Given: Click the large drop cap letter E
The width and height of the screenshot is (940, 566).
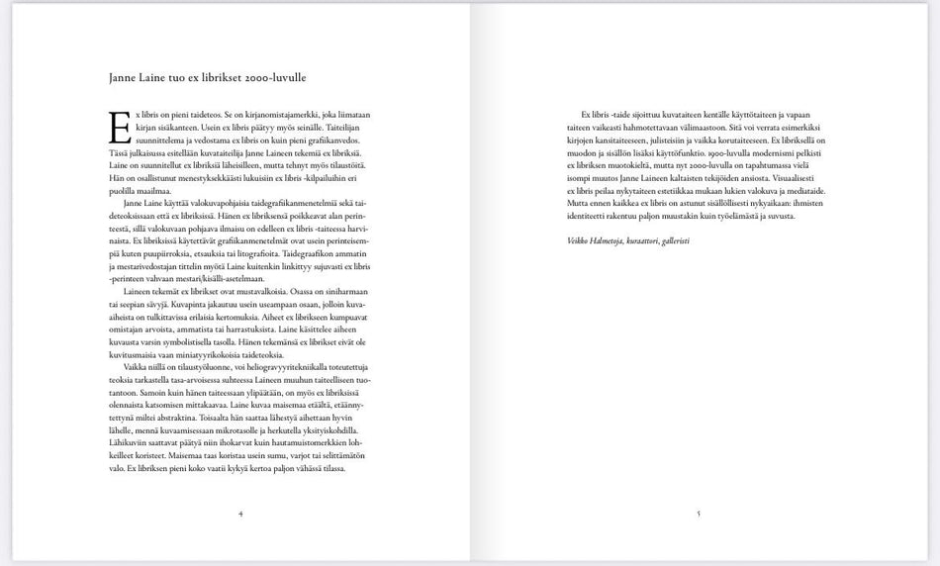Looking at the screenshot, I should click(118, 126).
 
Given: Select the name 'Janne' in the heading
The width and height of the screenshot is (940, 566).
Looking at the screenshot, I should click(123, 76).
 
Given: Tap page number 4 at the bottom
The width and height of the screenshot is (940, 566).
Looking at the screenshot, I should click(240, 514).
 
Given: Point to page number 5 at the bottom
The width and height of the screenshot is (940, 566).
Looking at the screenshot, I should click(699, 514).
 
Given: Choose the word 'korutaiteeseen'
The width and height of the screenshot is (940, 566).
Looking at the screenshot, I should click(745, 141).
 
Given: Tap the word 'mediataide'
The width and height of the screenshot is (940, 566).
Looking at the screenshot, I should click(802, 190).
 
